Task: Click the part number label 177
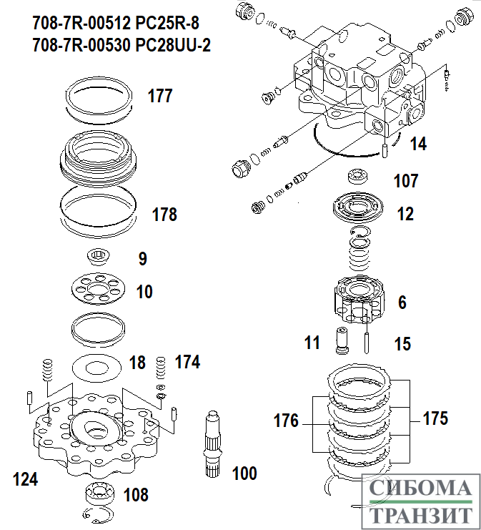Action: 160,96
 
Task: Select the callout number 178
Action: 164,214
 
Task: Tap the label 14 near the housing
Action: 418,144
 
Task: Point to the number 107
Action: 406,181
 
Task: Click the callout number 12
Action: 405,214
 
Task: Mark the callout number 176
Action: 286,421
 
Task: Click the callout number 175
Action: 435,418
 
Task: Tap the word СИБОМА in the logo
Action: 420,490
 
